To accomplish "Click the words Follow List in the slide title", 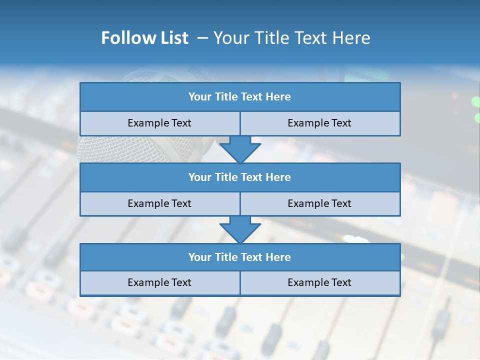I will pos(144,38).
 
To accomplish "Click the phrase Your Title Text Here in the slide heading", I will pos(291,38).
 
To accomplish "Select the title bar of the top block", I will pos(240,97).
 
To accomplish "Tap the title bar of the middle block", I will pos(240,177).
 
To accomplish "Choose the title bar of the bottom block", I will pos(240,257).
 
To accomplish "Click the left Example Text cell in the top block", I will pos(159,123).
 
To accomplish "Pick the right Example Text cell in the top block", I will pos(319,123).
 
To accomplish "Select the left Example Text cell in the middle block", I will pos(159,203).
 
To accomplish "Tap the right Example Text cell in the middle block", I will pos(319,203).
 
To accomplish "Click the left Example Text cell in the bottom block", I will pos(159,282).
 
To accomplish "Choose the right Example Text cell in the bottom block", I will pos(319,282).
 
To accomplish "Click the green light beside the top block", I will pos(475,101).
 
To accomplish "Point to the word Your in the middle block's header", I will pos(199,177).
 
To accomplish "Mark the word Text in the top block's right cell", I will pos(341,123).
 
